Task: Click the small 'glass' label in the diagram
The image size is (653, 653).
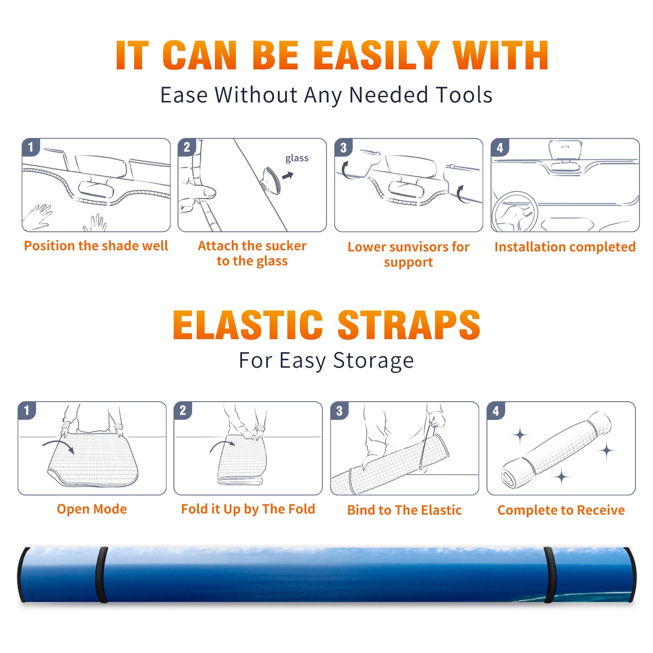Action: pos(297,158)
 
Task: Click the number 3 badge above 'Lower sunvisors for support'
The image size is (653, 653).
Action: pos(344,147)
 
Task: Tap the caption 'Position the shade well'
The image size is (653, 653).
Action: pos(96,246)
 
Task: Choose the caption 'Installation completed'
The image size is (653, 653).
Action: pos(565,247)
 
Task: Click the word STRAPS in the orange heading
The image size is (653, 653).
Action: pos(409,325)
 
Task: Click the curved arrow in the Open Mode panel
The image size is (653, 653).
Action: pos(58,446)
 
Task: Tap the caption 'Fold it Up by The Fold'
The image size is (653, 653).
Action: pos(248,509)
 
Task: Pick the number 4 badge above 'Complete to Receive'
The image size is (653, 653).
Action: pos(496,411)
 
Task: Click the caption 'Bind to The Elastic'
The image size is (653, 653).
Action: pos(404,510)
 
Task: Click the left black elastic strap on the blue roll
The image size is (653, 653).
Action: pos(102,575)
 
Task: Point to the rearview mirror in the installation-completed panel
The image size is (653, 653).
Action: pos(565,150)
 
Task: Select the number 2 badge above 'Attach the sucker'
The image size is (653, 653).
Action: pos(187,147)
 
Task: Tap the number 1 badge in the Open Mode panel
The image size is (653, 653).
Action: pos(27,411)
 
